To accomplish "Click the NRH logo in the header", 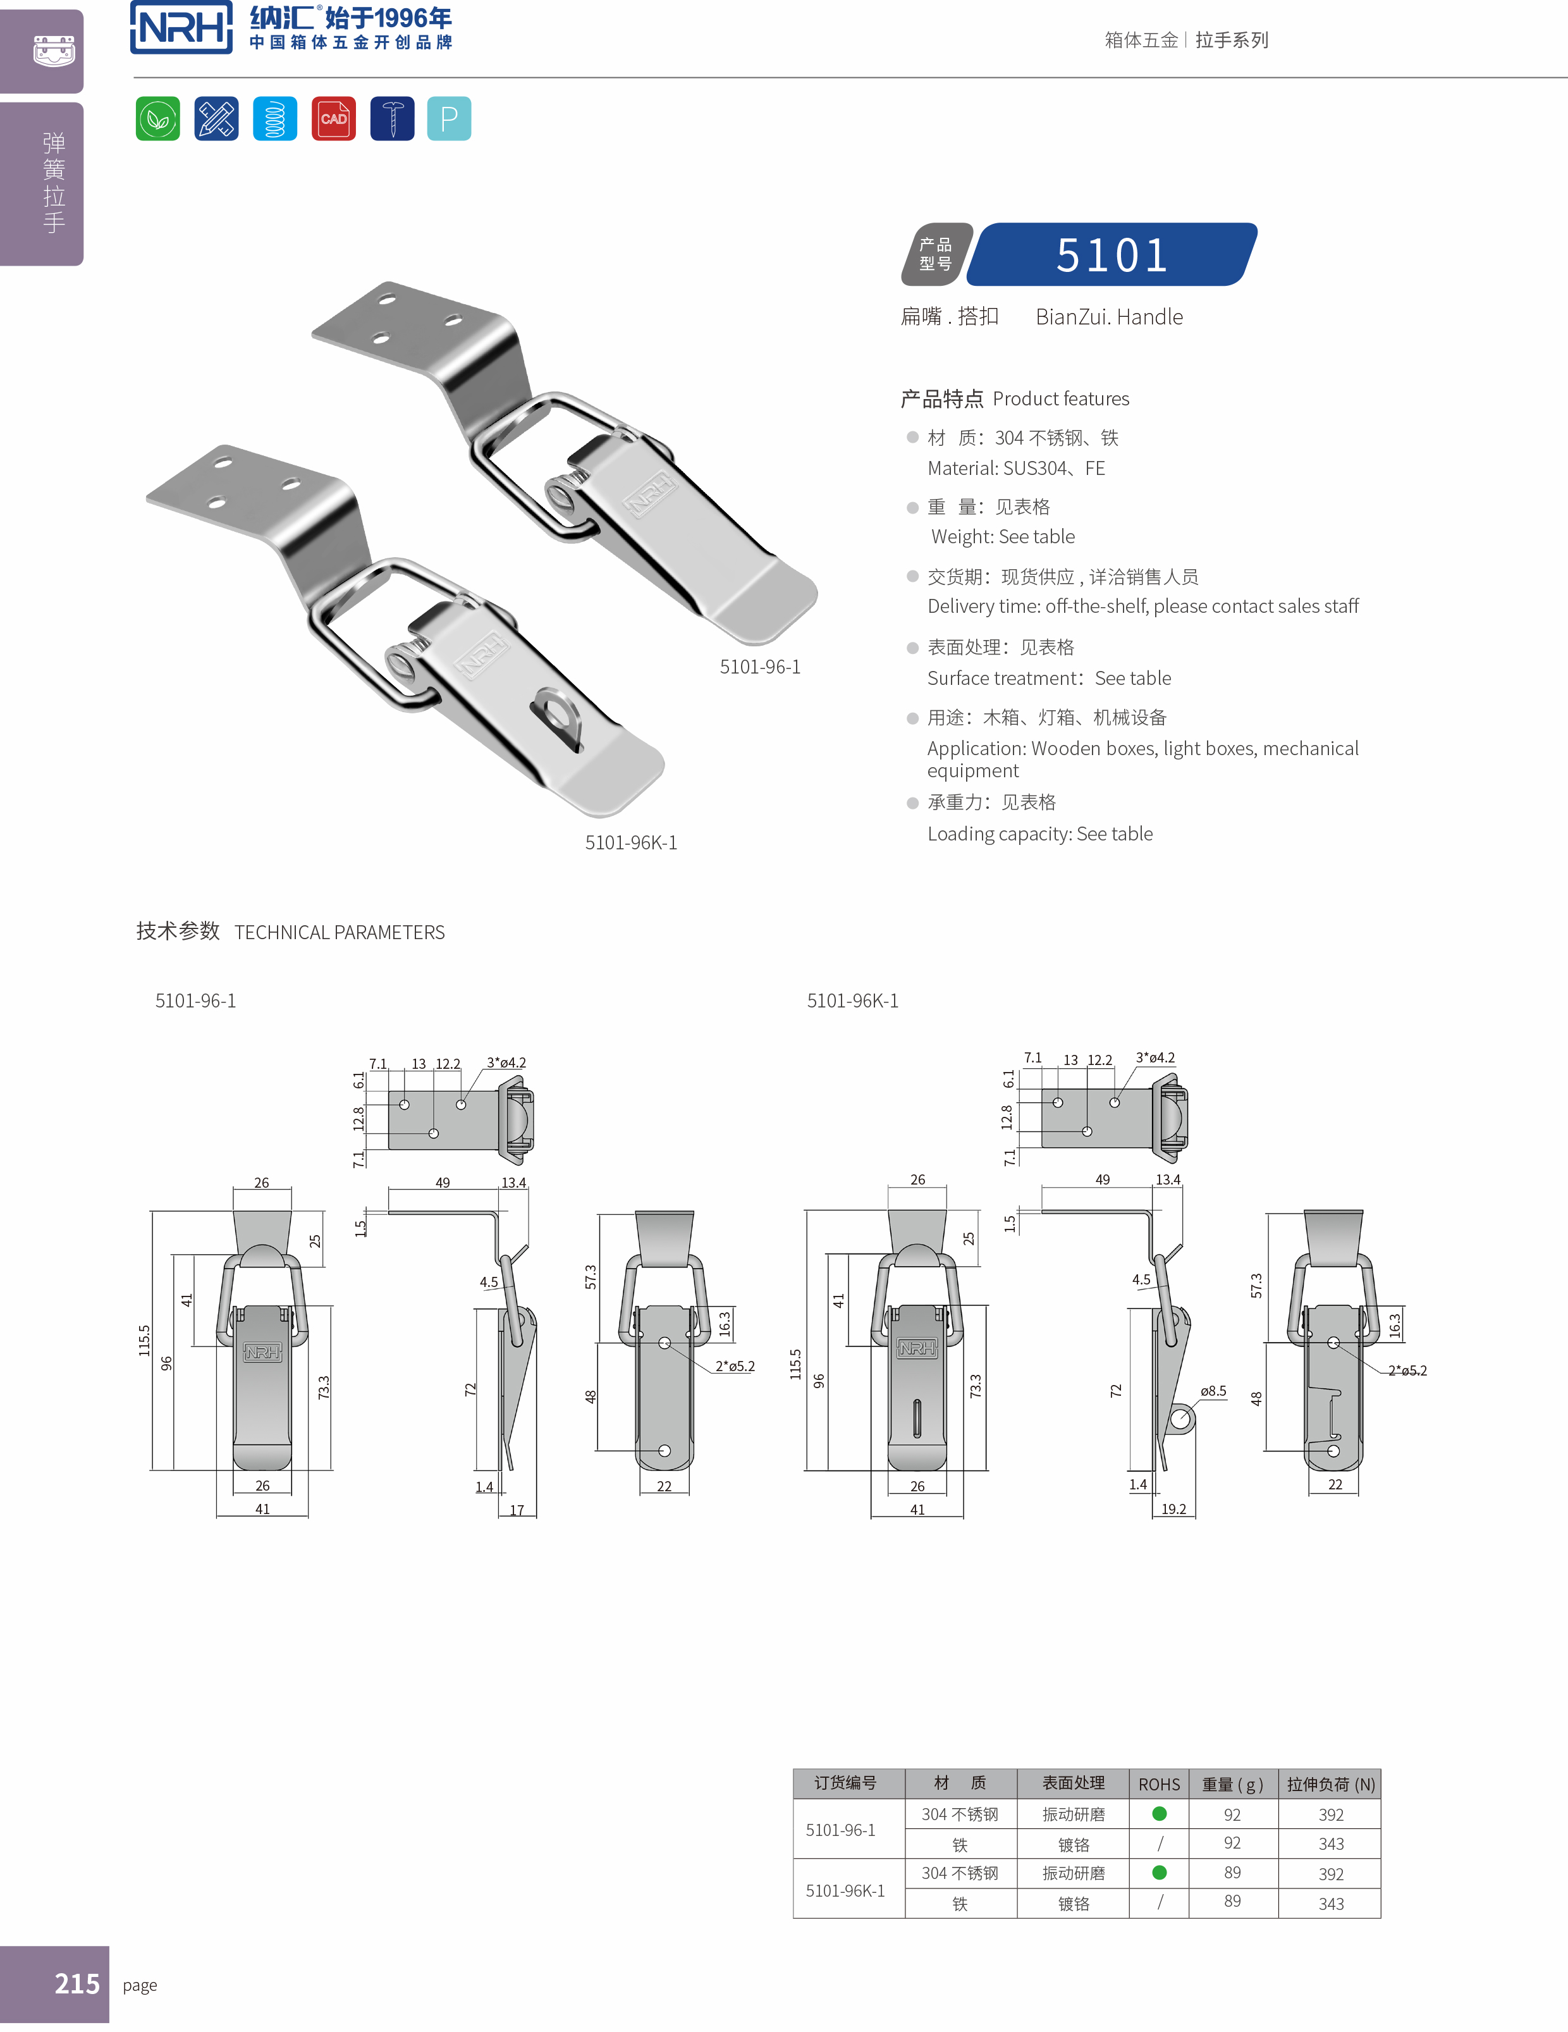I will (x=181, y=28).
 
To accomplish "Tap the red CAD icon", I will (x=333, y=118).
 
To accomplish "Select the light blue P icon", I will (x=449, y=118).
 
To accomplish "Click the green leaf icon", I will (x=157, y=118).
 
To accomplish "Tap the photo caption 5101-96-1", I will (x=760, y=667).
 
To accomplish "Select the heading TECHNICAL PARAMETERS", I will (x=340, y=932).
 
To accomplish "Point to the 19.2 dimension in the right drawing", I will (x=1173, y=1509).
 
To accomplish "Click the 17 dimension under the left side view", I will (x=517, y=1510).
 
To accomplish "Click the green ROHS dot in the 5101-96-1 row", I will (x=1159, y=1813).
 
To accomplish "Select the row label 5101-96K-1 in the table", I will (x=845, y=1890).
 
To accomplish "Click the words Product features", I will (x=1060, y=399).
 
